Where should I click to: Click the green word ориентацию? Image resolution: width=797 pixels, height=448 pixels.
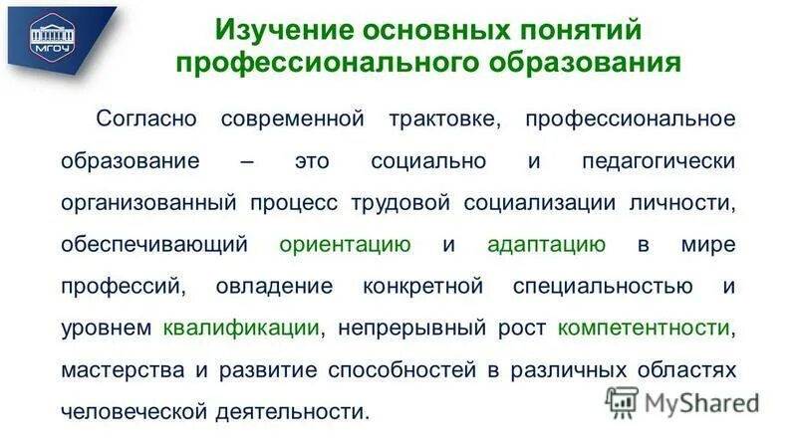click(345, 245)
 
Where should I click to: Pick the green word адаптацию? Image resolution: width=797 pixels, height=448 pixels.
click(546, 245)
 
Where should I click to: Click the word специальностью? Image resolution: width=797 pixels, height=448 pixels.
click(604, 287)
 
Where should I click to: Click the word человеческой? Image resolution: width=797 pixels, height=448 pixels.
click(135, 411)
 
